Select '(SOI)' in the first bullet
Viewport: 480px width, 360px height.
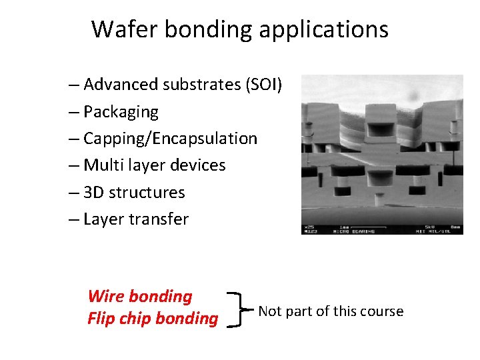(264, 85)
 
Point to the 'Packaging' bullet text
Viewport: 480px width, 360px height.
(121, 112)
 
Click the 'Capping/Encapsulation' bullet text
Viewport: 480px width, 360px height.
(170, 139)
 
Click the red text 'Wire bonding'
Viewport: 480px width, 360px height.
(139, 296)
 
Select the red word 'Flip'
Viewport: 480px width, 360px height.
(99, 319)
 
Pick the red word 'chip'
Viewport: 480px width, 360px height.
(133, 319)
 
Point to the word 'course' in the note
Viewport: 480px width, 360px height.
(382, 311)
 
